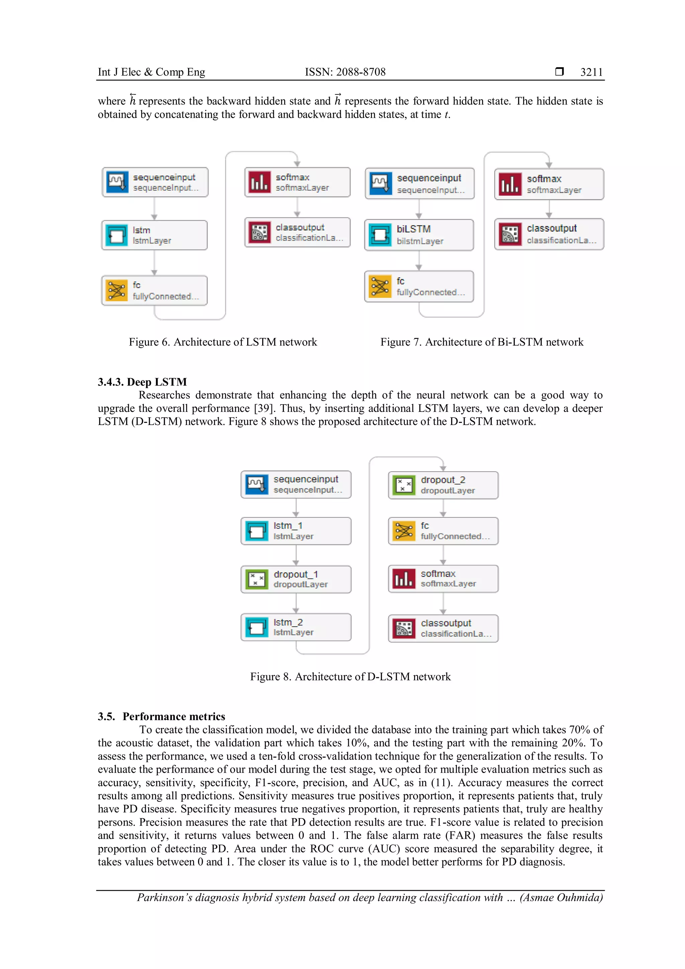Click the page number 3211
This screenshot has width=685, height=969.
click(x=591, y=72)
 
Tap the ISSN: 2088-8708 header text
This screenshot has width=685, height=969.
click(x=345, y=72)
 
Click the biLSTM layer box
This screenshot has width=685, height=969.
click(x=419, y=235)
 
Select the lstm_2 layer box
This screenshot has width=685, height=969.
click(x=296, y=627)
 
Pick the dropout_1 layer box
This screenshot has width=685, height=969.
click(x=296, y=579)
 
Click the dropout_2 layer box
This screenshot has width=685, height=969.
click(x=443, y=486)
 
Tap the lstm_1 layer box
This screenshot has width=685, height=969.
click(x=296, y=531)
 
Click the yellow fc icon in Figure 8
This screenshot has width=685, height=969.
click(x=404, y=531)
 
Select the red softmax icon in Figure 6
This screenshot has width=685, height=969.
click(x=259, y=182)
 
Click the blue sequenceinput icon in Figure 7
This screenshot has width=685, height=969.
click(x=380, y=184)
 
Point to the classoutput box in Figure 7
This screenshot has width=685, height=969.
click(x=549, y=234)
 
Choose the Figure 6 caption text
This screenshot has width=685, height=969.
click(x=223, y=342)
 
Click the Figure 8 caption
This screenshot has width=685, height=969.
click(x=350, y=677)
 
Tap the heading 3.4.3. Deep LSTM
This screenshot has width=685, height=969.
click(x=142, y=382)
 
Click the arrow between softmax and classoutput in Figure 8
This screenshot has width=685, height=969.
click(x=443, y=604)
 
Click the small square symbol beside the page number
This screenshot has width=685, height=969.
click(x=559, y=71)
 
